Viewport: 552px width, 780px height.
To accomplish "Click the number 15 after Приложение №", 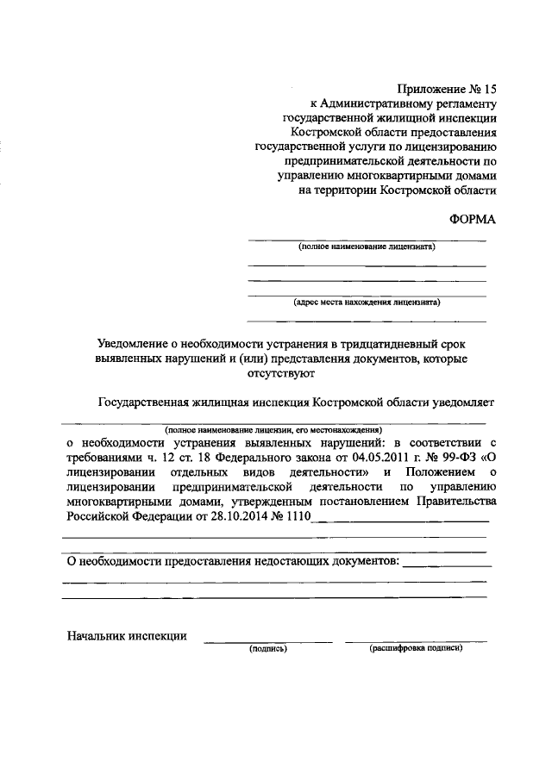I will click(x=491, y=88).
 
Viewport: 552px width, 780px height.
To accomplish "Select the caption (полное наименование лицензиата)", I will click(x=367, y=246).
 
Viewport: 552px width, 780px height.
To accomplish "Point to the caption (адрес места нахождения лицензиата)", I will click(x=367, y=303).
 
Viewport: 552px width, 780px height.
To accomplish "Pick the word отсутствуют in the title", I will click(x=279, y=373).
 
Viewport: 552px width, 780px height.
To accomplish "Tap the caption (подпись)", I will click(x=267, y=648).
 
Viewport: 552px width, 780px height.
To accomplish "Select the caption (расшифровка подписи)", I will click(x=416, y=648).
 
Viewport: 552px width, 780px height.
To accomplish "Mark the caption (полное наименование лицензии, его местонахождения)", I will click(x=273, y=428).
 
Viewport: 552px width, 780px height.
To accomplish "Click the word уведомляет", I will click(x=465, y=402).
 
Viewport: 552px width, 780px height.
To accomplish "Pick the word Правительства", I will click(x=455, y=502).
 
